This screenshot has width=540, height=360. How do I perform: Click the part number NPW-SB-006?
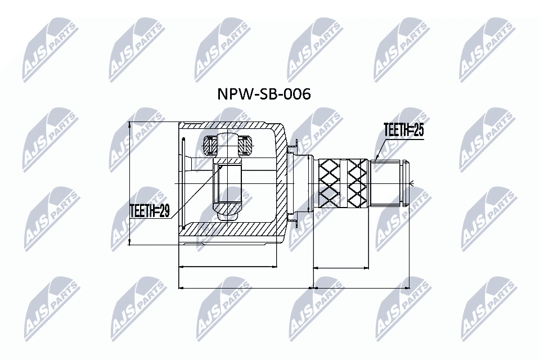point(264,94)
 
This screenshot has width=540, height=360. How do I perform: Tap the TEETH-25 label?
point(403,130)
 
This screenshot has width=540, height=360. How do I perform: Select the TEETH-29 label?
point(149,211)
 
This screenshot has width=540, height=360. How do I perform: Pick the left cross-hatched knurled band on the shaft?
point(330,183)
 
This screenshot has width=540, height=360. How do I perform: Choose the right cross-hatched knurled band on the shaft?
point(357,183)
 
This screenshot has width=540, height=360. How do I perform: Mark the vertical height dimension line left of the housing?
point(130,183)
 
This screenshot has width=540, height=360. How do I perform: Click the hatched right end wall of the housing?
point(281,183)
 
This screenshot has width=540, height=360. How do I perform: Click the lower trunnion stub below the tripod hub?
point(227,213)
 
